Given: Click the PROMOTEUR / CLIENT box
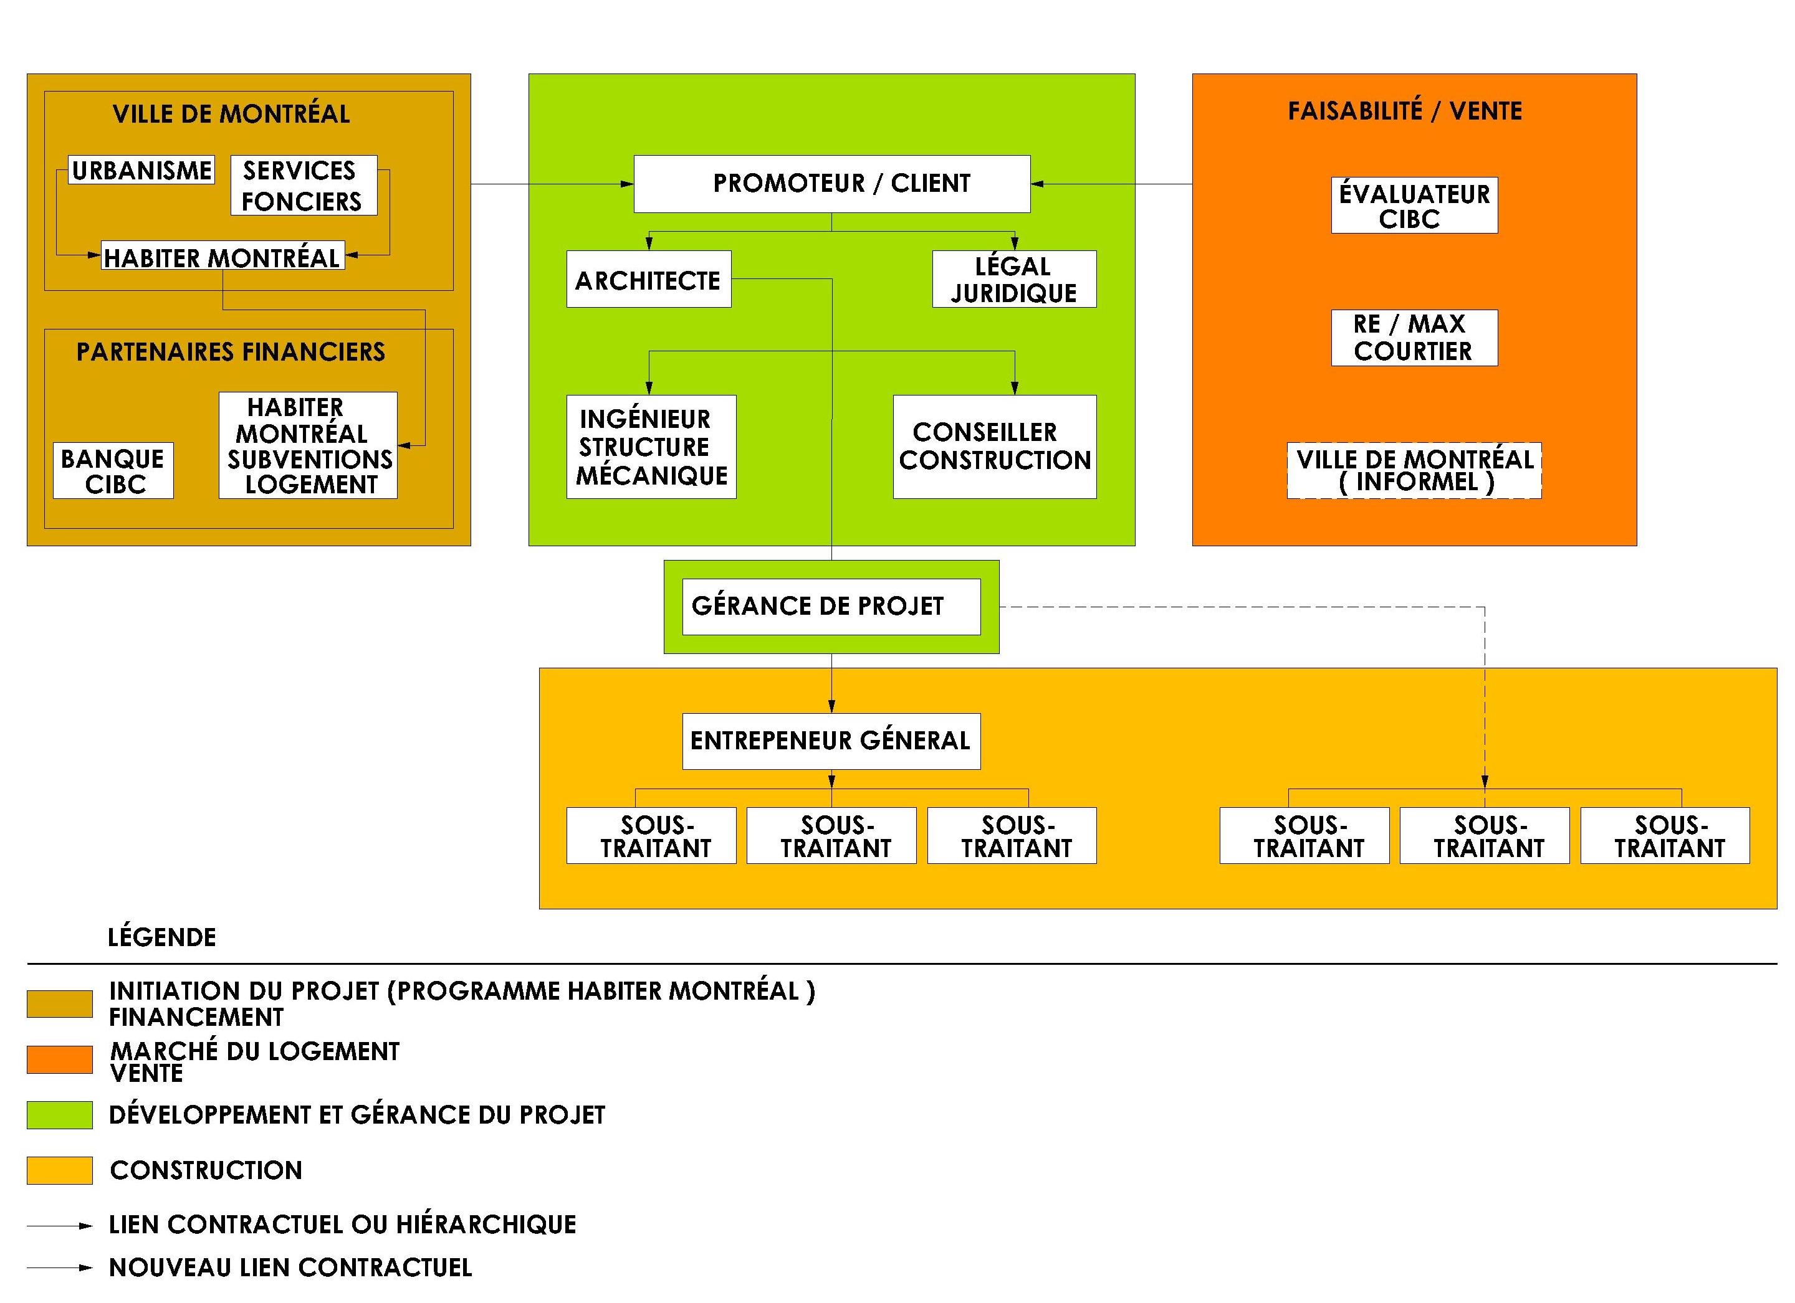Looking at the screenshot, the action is [832, 184].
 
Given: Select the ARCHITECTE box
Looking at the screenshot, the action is [649, 279].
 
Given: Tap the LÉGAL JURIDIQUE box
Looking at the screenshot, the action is [1014, 279].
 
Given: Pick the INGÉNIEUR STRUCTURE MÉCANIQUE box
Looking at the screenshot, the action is [651, 447].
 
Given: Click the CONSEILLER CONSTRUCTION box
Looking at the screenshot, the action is [995, 447].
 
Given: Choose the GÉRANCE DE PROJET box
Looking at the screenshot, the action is [831, 607].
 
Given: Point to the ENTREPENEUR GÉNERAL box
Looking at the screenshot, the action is [831, 741].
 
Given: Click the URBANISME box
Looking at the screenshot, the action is [141, 170].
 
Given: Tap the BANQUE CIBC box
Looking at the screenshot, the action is [113, 471].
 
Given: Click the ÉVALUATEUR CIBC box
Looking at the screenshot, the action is [1414, 206].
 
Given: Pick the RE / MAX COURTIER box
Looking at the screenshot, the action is [1414, 338].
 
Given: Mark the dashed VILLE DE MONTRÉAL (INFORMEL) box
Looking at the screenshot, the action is [1414, 471].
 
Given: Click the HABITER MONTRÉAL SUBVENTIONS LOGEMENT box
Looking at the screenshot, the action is [308, 445].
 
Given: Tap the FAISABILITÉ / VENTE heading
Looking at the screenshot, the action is [1405, 111].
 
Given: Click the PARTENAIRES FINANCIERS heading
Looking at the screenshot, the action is [231, 352].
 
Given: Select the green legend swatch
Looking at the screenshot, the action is [59, 1115].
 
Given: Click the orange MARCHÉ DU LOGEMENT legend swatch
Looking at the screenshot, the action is [59, 1060].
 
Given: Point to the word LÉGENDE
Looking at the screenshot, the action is [161, 937].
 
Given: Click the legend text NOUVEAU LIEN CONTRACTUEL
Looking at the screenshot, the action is [290, 1267].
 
